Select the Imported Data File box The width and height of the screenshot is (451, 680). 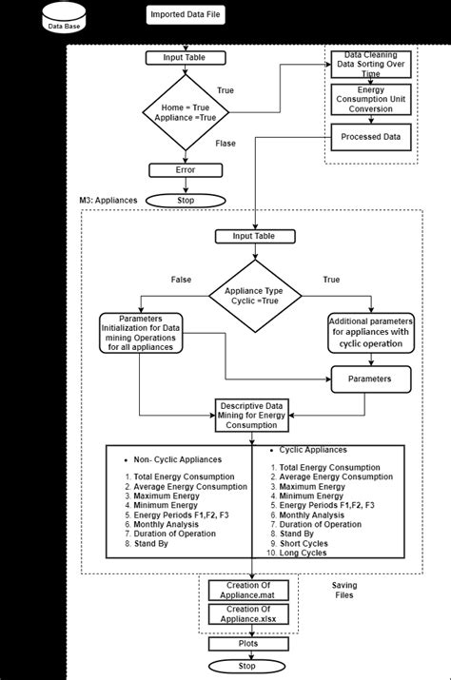click(x=186, y=15)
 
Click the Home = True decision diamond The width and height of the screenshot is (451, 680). click(x=186, y=113)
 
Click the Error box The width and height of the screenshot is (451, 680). click(x=186, y=170)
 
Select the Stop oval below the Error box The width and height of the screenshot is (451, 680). click(x=186, y=201)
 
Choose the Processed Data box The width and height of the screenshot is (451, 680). click(x=371, y=137)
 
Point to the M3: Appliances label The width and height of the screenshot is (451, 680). click(x=108, y=201)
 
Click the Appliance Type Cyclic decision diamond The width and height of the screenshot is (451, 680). click(x=251, y=296)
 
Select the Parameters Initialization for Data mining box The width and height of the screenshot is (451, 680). click(x=140, y=333)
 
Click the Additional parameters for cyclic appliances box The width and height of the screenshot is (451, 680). click(x=372, y=333)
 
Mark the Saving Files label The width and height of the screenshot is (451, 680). click(x=344, y=592)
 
